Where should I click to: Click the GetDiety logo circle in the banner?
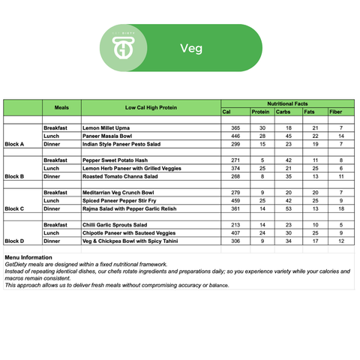point(123,48)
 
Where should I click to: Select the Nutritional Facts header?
point(288,103)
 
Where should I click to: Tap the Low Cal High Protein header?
point(151,107)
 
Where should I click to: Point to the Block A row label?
point(14,143)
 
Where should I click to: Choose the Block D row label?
point(14,241)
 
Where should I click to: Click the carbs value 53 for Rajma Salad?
point(288,208)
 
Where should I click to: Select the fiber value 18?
point(341,208)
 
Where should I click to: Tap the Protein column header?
point(260,112)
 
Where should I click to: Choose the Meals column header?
point(61,107)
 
